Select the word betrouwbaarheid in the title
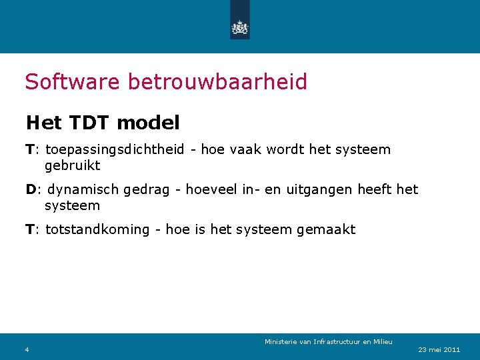click(x=217, y=82)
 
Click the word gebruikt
click(x=72, y=165)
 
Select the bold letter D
click(x=31, y=189)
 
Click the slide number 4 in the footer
click(x=27, y=349)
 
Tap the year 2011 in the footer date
click(x=452, y=349)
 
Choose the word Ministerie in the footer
click(x=281, y=342)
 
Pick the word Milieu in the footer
click(x=382, y=342)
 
